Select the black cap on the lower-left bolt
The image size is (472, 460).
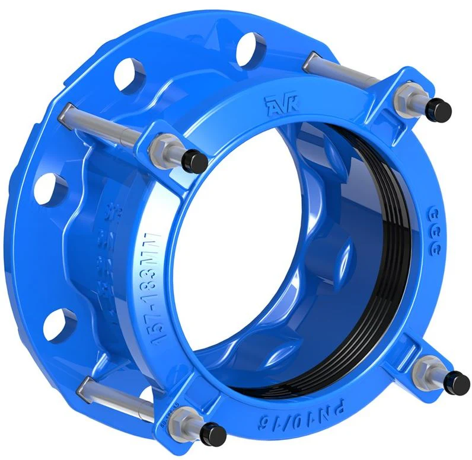click(x=216, y=435)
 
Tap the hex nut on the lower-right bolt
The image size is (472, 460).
click(x=426, y=371)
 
